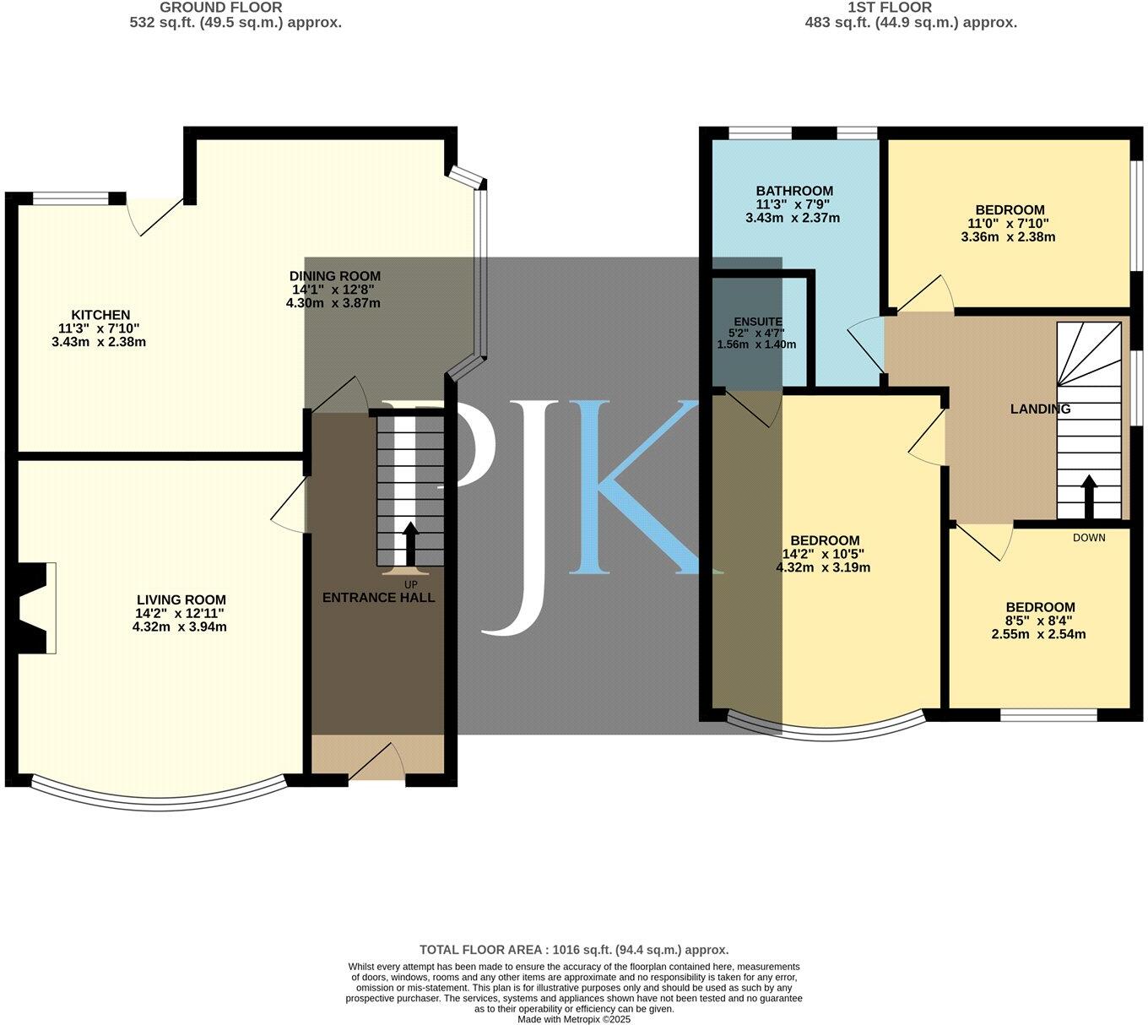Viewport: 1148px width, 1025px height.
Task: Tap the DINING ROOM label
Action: tap(335, 276)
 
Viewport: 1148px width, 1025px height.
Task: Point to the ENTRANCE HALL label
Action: tap(379, 598)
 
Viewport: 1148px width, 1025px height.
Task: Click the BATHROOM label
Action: tap(794, 191)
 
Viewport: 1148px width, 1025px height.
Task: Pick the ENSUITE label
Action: tap(758, 322)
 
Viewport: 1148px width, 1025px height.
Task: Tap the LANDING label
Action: tap(1041, 409)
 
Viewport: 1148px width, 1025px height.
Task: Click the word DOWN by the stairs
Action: tap(1089, 538)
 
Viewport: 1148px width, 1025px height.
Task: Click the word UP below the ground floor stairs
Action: tap(411, 584)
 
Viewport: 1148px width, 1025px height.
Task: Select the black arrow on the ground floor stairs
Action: tap(411, 544)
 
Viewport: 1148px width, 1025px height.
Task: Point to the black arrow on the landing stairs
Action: tap(1089, 496)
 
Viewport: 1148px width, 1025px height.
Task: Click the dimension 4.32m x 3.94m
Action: tap(180, 627)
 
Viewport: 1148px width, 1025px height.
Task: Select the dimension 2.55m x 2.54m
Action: tap(1039, 634)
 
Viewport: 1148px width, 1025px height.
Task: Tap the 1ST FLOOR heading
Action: tap(890, 8)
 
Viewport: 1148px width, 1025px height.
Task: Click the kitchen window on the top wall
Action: tap(71, 199)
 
